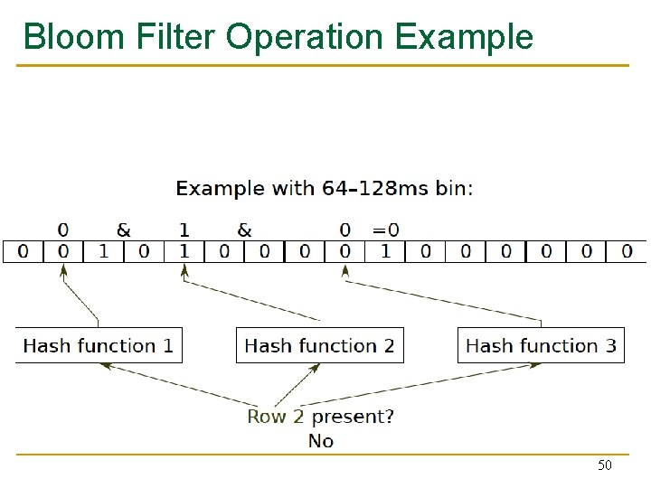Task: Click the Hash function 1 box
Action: (99, 345)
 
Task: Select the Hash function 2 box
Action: (319, 345)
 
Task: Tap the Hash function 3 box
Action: (541, 345)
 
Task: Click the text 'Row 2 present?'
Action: (320, 417)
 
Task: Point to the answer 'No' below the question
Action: (321, 441)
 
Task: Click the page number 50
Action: (605, 465)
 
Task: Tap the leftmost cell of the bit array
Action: (23, 250)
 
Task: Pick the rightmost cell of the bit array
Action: (627, 250)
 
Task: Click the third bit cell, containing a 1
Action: (103, 250)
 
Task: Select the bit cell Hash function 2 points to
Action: (184, 250)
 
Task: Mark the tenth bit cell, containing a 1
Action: (385, 250)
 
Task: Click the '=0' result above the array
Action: (386, 230)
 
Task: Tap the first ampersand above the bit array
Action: (123, 230)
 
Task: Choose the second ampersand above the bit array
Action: (244, 230)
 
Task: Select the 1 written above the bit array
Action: (184, 230)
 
